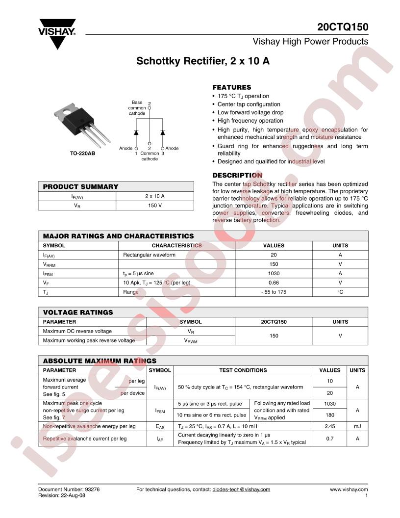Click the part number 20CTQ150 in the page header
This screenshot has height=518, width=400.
(x=343, y=27)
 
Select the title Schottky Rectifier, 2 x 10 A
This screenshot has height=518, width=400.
(x=203, y=62)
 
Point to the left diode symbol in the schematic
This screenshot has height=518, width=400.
(x=136, y=132)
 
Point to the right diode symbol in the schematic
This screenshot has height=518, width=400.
(x=163, y=132)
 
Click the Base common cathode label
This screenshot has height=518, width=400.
(x=137, y=108)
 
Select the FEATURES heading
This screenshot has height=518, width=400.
(x=231, y=87)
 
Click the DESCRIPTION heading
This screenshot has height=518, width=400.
(x=237, y=175)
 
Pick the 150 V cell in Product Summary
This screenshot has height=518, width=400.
(x=155, y=205)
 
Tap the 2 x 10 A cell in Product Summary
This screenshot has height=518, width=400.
(x=155, y=196)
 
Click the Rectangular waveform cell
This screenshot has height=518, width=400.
(x=149, y=255)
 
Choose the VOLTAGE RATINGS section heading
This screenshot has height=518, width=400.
(x=78, y=312)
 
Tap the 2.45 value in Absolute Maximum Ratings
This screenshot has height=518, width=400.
(x=329, y=426)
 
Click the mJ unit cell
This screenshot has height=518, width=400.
(x=357, y=426)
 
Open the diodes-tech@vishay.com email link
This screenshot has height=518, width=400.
(x=241, y=489)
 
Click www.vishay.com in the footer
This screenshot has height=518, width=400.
(x=349, y=489)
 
